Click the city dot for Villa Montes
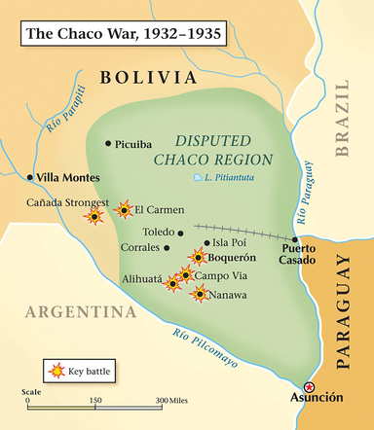(x=29, y=177)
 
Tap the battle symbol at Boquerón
(x=198, y=257)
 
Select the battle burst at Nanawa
(x=200, y=293)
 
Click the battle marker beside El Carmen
(x=124, y=209)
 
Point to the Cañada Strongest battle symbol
(x=94, y=216)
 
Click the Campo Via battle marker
(x=185, y=275)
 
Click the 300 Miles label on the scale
(x=172, y=400)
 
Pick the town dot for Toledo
(x=180, y=233)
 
